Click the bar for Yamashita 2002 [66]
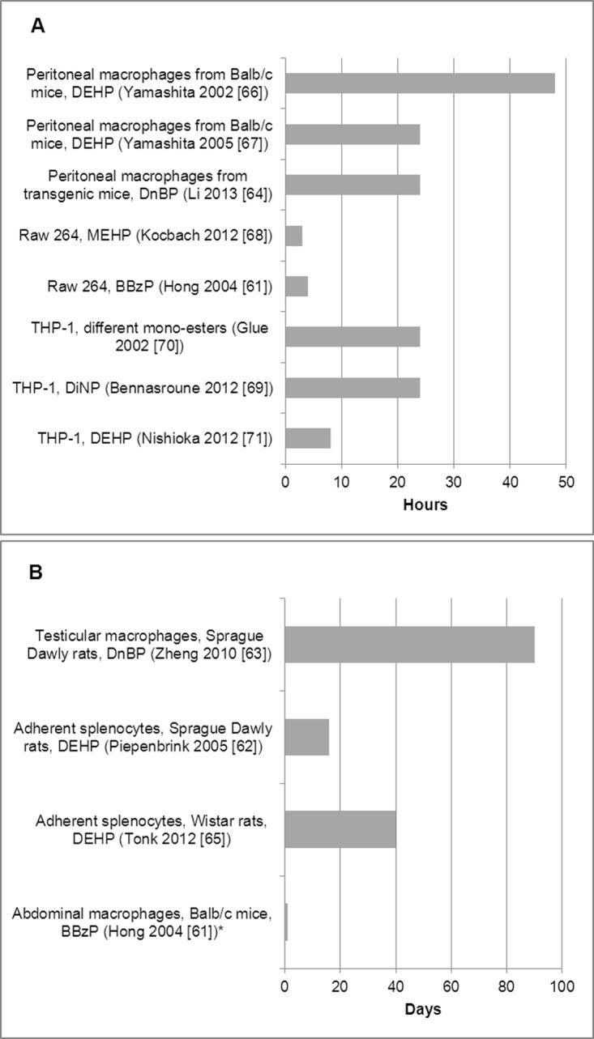coord(420,83)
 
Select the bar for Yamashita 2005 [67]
coord(353,134)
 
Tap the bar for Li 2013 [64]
coord(353,185)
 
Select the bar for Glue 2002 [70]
coord(353,337)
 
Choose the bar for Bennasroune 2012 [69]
coord(353,387)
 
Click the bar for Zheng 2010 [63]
coord(409,645)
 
